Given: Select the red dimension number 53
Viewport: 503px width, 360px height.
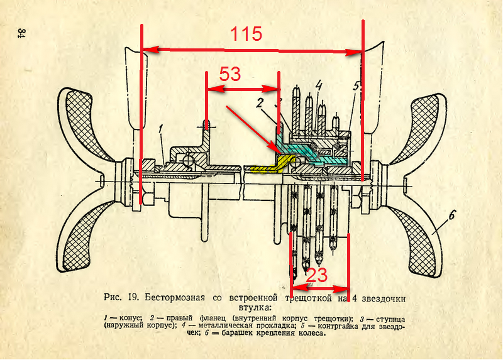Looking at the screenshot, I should coord(229,75).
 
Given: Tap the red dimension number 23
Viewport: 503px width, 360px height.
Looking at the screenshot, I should coord(317,275).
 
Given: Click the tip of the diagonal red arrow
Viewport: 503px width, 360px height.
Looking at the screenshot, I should coord(274,151).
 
